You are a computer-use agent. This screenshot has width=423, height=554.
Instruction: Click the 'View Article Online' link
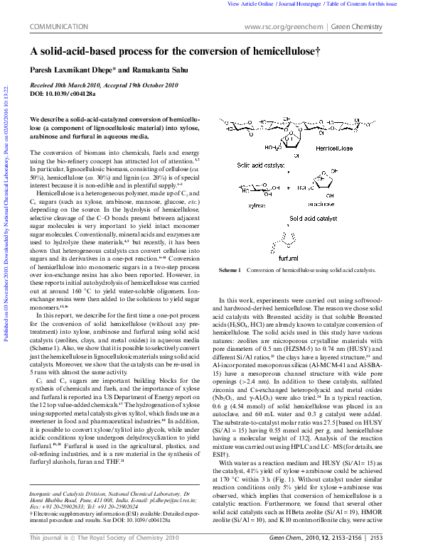pyautogui.click(x=250, y=4)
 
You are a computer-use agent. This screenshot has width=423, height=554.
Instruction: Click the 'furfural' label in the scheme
pyautogui.click(x=289, y=259)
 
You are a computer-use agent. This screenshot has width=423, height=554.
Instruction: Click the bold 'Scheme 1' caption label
pyautogui.click(x=230, y=271)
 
